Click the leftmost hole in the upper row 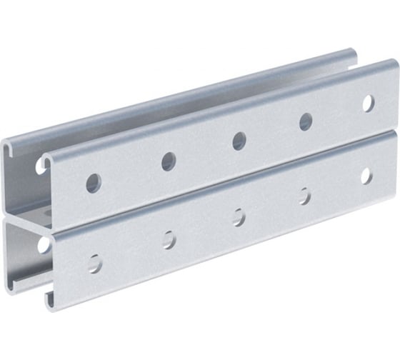94,182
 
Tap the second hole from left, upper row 169,161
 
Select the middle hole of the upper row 239,141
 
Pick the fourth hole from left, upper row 306,121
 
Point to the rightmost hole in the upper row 368,103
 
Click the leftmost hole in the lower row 94,262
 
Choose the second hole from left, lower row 169,239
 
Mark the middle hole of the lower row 239,217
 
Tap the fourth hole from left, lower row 305,196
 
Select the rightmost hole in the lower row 366,175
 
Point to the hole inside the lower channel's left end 44,245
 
